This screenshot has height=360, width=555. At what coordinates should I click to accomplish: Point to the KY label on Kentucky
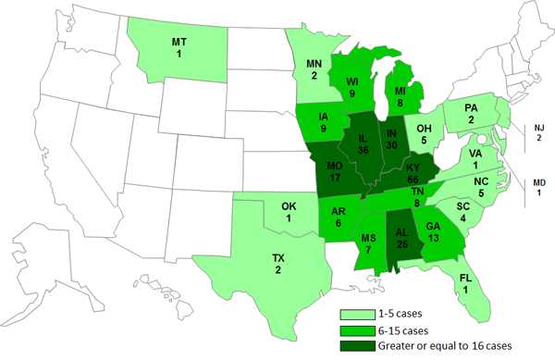411,168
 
